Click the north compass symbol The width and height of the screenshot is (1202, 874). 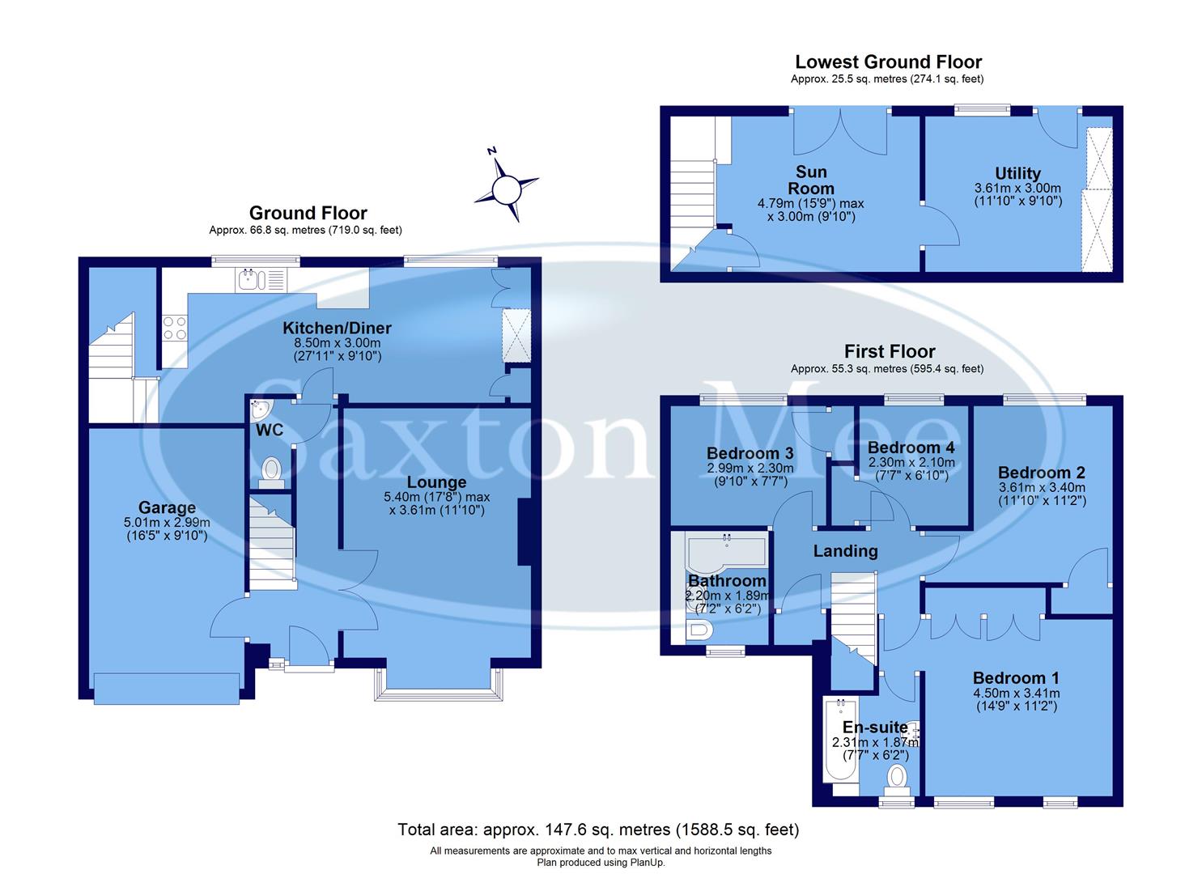(507, 188)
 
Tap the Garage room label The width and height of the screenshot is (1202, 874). (167, 507)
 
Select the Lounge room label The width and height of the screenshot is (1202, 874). (436, 482)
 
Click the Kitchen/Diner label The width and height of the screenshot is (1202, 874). (337, 328)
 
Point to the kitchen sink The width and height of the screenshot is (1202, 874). (249, 281)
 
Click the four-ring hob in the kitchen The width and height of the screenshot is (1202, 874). (175, 328)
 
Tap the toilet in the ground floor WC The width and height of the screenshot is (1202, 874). (271, 469)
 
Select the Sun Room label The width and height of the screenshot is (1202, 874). (811, 180)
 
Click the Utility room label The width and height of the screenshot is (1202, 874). (1017, 173)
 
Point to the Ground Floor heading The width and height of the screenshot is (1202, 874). (308, 213)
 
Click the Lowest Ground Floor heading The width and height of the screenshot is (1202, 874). (888, 62)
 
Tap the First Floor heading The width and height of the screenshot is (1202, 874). (889, 351)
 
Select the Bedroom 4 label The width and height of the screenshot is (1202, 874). (911, 448)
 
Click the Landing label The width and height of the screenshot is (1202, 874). (845, 551)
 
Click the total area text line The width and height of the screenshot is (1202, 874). (598, 829)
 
